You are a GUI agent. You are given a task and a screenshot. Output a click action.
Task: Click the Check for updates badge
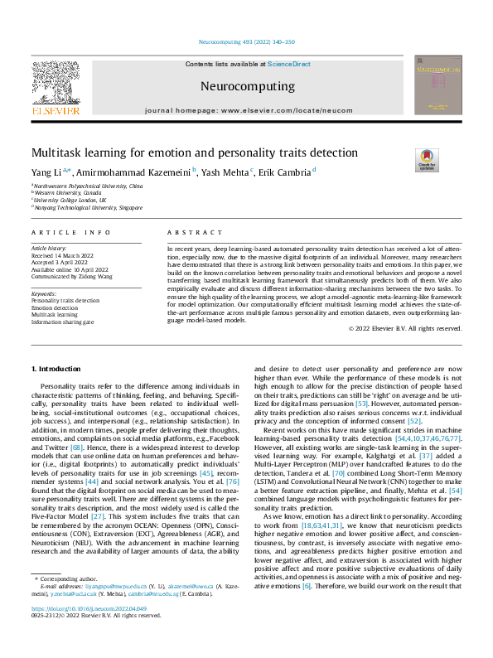tap(426, 160)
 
